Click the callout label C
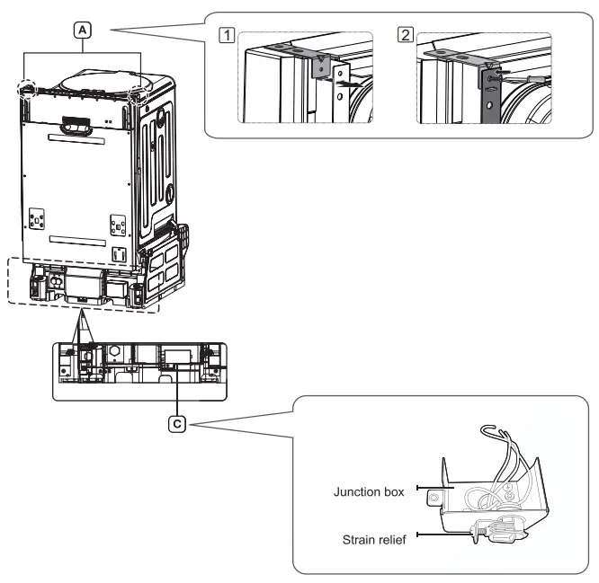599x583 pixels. coord(177,419)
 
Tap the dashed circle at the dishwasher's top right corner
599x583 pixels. coord(139,96)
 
